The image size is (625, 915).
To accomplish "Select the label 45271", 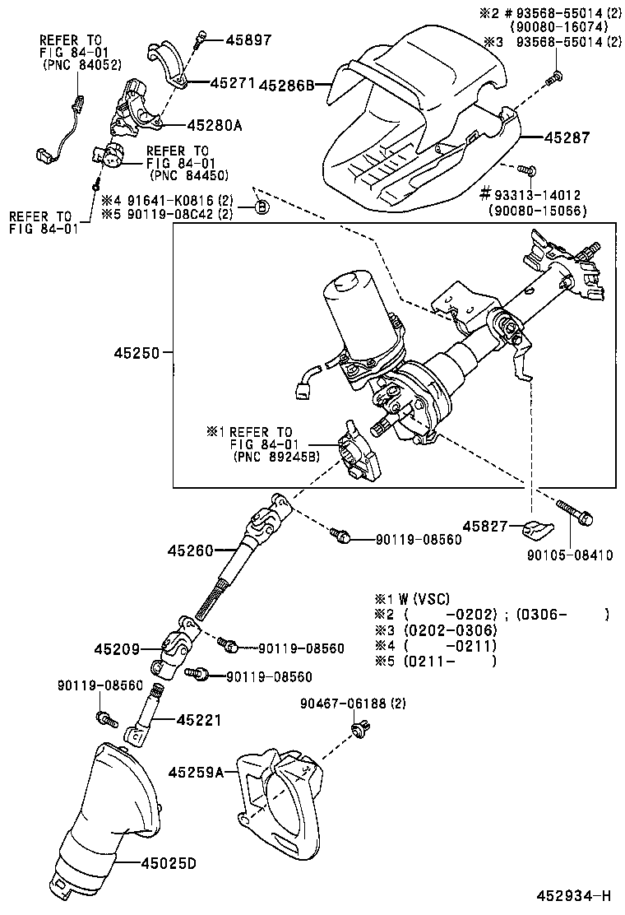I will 234,83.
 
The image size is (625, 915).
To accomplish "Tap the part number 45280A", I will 215,125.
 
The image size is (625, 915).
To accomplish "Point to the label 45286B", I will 288,84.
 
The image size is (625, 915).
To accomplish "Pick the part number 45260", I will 191,549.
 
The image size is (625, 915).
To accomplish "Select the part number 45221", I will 197,720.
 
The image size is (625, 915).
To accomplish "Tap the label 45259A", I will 197,772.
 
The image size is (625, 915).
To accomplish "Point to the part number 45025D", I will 169,863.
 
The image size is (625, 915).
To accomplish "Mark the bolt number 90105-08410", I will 570,555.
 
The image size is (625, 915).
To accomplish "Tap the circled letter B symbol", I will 262,206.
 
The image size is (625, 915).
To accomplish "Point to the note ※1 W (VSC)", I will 413,598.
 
